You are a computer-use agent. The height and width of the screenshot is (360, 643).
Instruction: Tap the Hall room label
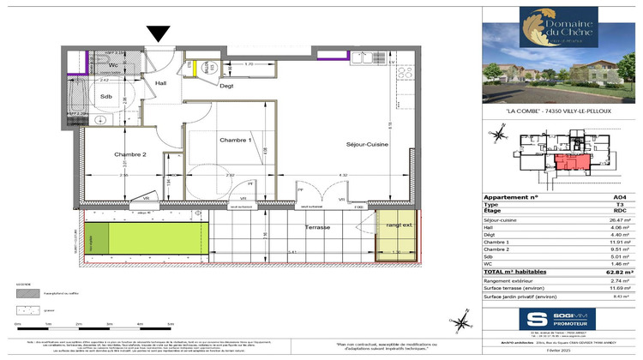pyautogui.click(x=161, y=83)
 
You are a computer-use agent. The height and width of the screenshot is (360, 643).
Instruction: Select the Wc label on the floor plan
pyautogui.click(x=113, y=65)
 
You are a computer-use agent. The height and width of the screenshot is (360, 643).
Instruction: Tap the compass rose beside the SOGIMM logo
pyautogui.click(x=464, y=321)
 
